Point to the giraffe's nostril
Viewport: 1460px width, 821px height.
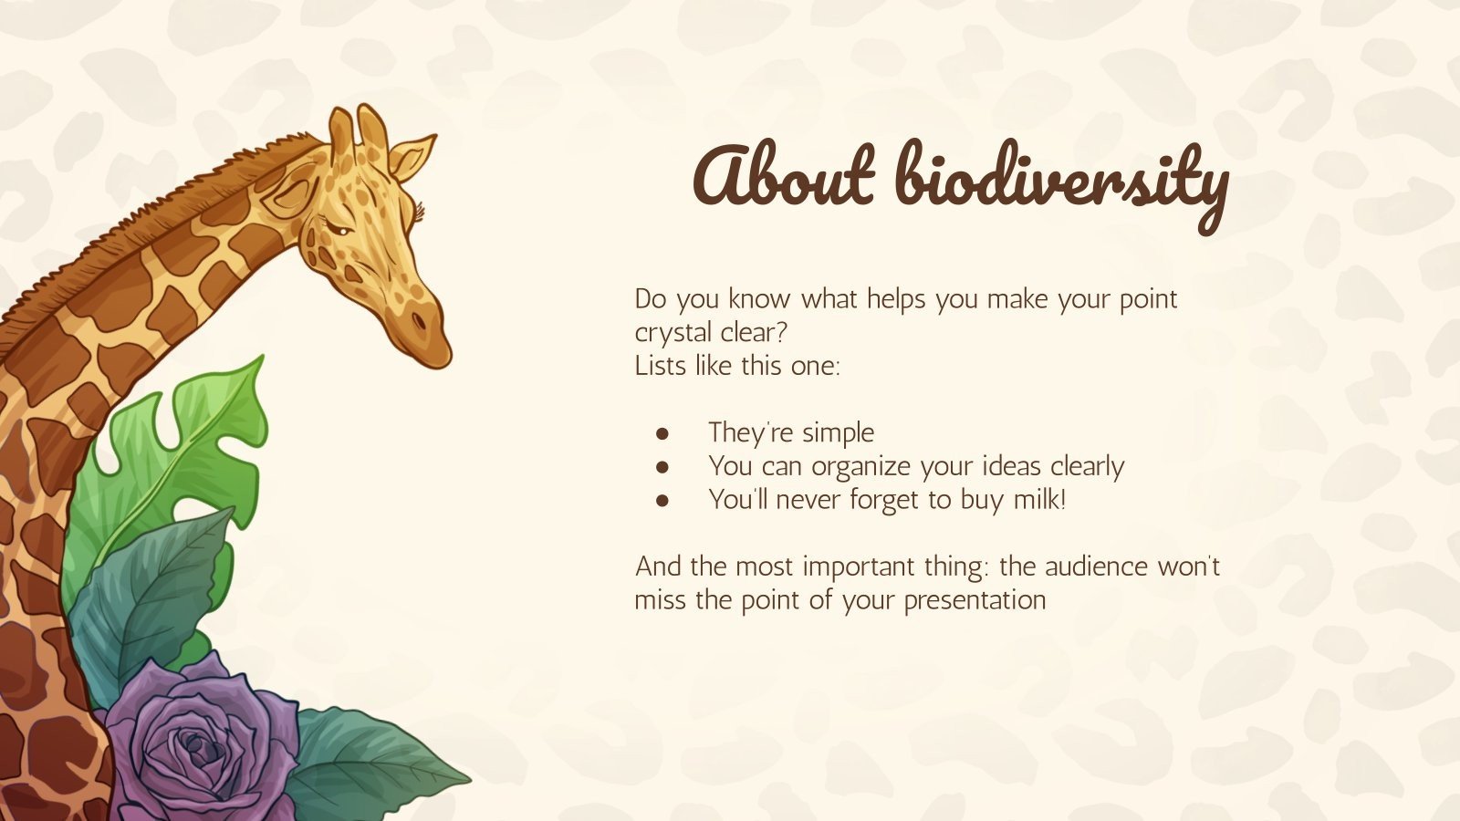[418, 321]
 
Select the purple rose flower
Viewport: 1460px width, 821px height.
[196, 743]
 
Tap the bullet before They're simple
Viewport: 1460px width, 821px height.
[663, 432]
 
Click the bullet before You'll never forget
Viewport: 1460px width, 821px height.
[663, 500]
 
